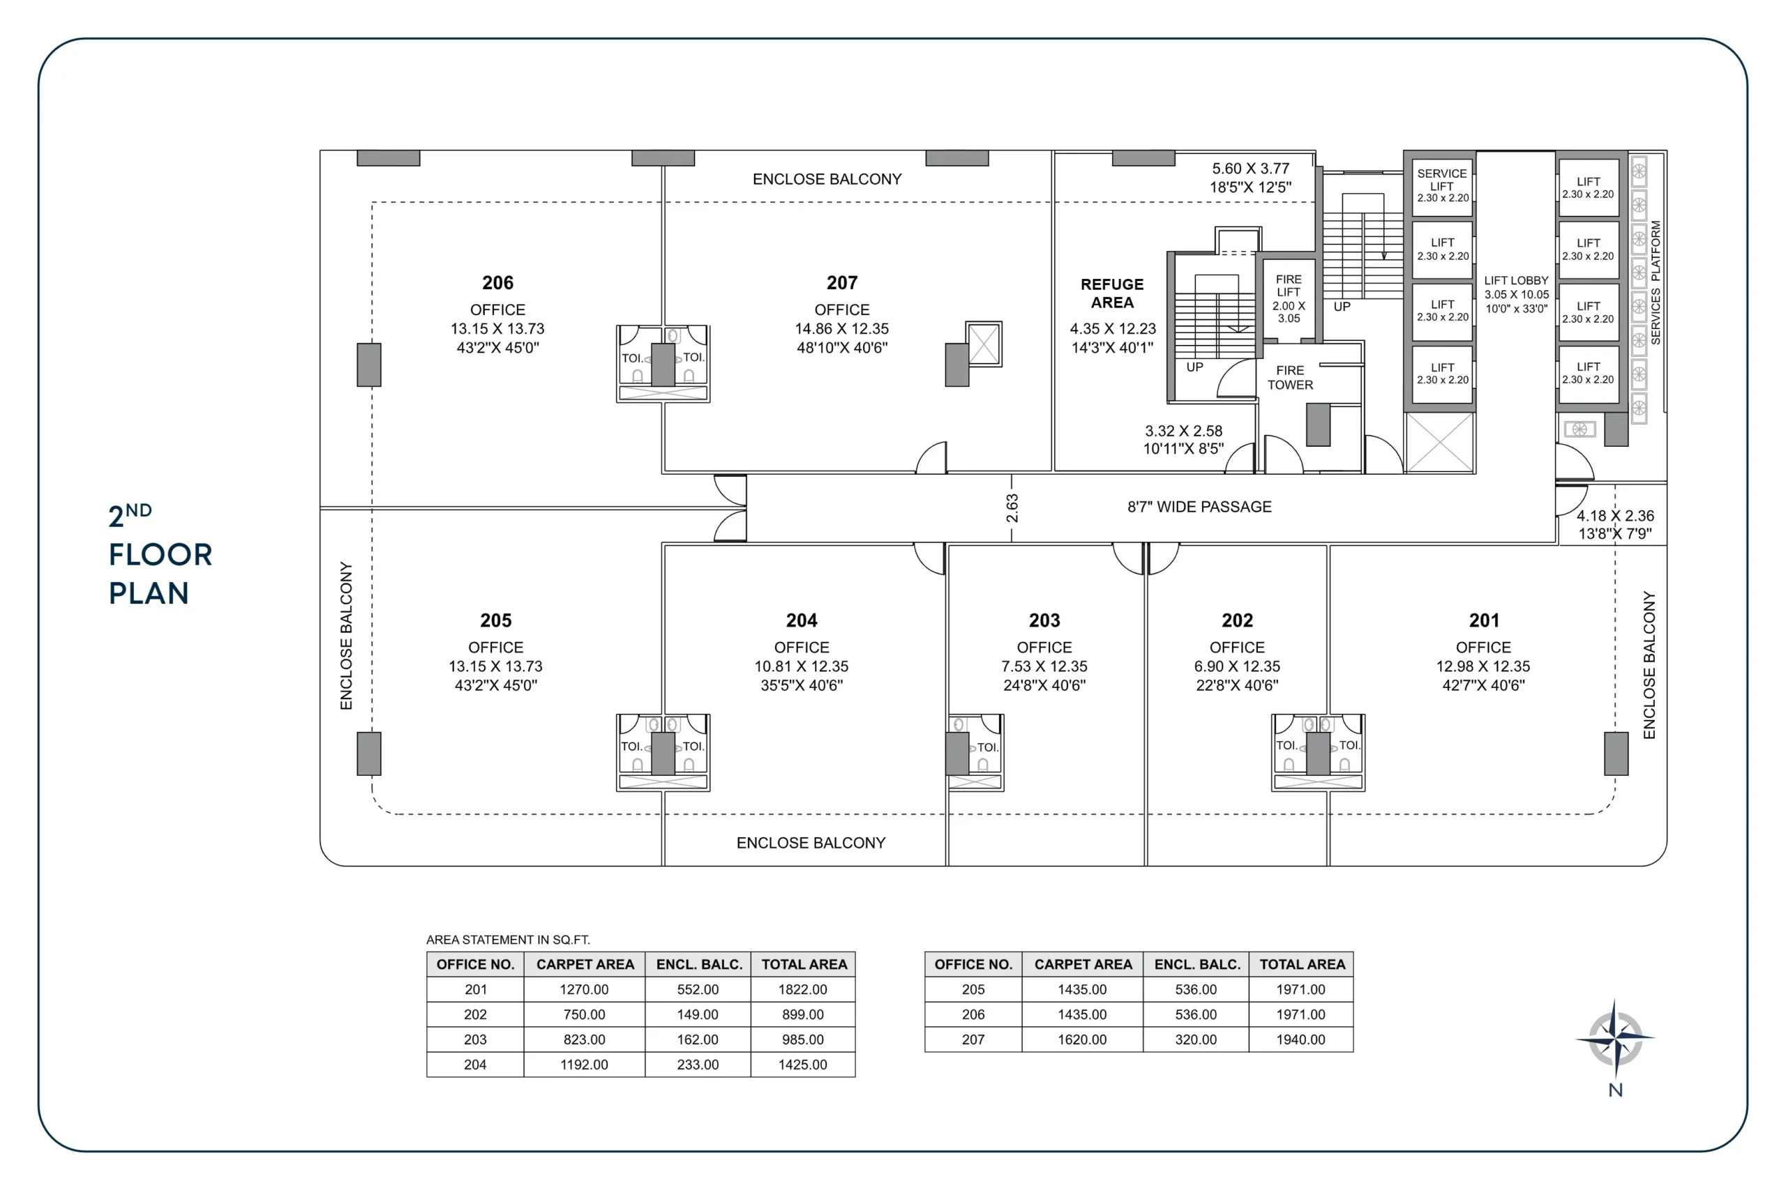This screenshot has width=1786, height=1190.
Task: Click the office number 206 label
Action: (497, 283)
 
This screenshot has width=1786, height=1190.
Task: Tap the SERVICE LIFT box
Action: (1441, 185)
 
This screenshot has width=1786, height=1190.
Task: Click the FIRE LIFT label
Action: (1288, 286)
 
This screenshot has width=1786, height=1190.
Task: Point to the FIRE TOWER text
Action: (1289, 377)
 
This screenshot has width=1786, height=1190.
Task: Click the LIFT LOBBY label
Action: (1516, 281)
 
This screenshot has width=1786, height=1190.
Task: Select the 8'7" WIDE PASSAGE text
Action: (1199, 507)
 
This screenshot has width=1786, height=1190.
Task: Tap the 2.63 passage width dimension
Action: (1012, 508)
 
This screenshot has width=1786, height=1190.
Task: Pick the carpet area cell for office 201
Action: (584, 990)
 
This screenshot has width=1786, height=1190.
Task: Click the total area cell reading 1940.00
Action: (1300, 1039)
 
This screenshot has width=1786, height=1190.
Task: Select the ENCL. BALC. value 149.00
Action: (697, 1015)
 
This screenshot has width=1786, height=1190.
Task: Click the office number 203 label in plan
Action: (1044, 621)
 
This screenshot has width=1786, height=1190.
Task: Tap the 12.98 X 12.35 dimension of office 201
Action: (1483, 666)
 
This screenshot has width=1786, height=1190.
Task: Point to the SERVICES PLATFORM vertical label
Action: (1656, 282)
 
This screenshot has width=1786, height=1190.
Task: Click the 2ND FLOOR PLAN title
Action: (160, 555)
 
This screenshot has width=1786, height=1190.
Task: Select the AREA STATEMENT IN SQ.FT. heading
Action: (507, 940)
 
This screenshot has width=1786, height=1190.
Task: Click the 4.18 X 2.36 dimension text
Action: (1614, 516)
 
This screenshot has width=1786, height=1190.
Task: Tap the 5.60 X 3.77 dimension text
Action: (1250, 169)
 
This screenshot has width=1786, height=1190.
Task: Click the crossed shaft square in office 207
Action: (984, 344)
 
